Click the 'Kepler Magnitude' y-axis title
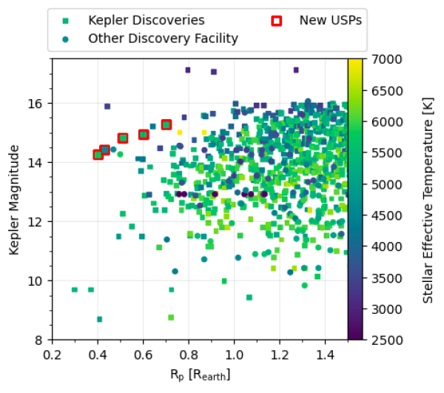click(x=15, y=198)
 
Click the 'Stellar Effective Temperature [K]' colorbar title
click(x=428, y=198)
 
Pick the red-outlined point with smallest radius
click(x=98, y=155)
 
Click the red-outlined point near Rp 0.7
click(x=166, y=125)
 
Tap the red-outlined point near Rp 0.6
click(x=144, y=135)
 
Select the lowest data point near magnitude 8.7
click(x=99, y=319)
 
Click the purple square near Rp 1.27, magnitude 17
click(x=296, y=70)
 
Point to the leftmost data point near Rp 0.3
click(x=75, y=289)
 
